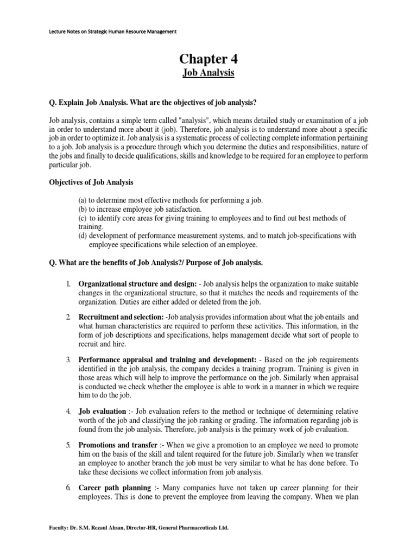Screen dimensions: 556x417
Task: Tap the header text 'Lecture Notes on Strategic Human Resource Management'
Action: point(103,32)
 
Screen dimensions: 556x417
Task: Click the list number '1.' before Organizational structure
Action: point(68,284)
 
